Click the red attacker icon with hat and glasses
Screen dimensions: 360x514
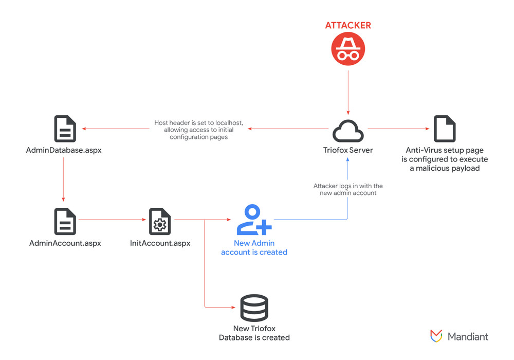click(x=348, y=49)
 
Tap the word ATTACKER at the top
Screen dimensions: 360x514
click(x=348, y=25)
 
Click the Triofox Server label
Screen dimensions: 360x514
click(x=348, y=151)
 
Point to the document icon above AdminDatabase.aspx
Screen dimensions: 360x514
click(x=65, y=129)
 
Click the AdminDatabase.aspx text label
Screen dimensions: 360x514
click(x=64, y=151)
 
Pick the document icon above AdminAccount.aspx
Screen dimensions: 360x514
click(x=65, y=222)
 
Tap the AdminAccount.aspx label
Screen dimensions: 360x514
click(x=65, y=243)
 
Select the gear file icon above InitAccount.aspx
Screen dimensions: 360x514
click(x=159, y=222)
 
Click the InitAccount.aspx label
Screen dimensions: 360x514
click(x=160, y=243)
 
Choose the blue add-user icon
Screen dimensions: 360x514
click(x=254, y=220)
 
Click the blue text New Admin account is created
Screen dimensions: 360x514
click(x=254, y=247)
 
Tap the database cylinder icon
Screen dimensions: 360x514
click(x=254, y=308)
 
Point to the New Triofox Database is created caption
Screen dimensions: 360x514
click(x=254, y=333)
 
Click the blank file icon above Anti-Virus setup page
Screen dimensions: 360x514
click(x=445, y=129)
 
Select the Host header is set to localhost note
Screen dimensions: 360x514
click(x=199, y=130)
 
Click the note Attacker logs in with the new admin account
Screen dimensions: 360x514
click(x=348, y=189)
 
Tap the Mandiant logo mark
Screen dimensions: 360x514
click(x=436, y=336)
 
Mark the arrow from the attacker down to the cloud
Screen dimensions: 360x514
click(x=348, y=93)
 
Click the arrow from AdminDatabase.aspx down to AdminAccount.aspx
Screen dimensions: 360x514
click(x=63, y=179)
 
